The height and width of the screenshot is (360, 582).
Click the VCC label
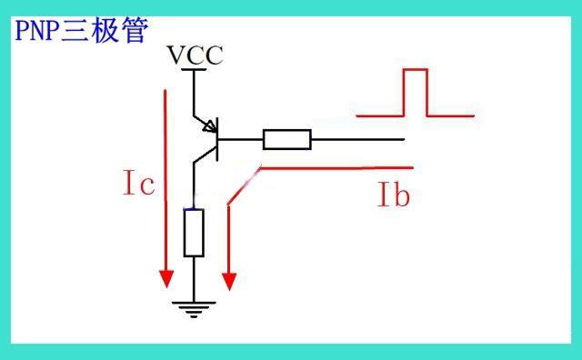coord(196,55)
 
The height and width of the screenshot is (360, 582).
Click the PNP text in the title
coord(37,30)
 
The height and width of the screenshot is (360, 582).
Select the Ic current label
coord(139,182)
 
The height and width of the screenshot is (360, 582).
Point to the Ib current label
coord(394,195)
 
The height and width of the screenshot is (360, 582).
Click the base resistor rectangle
coord(287,140)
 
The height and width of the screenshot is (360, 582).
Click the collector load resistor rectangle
coord(194,233)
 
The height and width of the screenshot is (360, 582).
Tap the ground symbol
coord(194,310)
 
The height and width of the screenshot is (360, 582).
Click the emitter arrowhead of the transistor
coord(210,125)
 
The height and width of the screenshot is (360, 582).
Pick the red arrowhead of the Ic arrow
coord(166,279)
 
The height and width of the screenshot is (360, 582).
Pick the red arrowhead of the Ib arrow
coord(229,282)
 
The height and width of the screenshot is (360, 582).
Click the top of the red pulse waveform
coord(416,69)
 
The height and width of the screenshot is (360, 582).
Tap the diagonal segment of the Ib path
coord(245,186)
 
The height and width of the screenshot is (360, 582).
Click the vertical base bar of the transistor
coord(217,139)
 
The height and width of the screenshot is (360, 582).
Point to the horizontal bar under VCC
coord(194,69)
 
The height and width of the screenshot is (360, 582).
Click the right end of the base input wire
coord(404,140)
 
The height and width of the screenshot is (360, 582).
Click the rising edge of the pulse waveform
coord(404,93)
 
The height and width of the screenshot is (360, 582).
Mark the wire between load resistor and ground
coord(194,279)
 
